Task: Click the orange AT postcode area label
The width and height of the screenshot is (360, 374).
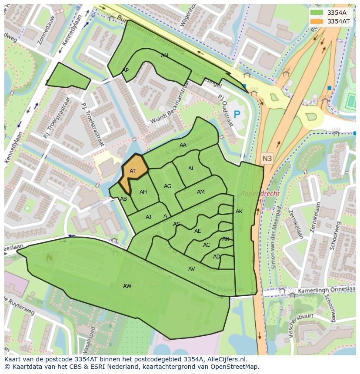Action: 133,171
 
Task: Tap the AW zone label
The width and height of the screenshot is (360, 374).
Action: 127,286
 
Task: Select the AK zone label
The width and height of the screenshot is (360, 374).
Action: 239,212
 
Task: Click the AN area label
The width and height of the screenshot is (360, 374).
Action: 164,56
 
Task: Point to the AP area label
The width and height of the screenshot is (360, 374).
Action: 125,70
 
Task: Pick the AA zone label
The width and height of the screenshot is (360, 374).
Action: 183,145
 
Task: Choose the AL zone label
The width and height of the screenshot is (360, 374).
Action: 191,169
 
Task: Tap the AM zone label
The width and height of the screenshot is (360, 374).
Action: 200,192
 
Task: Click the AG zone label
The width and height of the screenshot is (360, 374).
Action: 167,186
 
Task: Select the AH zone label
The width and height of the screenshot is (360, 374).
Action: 143,192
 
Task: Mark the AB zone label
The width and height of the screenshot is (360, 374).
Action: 123,199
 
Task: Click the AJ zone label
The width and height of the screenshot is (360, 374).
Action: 148,217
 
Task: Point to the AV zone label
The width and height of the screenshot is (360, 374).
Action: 191,269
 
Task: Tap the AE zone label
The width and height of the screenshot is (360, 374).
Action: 197,231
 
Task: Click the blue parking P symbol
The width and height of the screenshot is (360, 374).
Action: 237,115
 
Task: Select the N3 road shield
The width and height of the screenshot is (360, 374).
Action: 267,159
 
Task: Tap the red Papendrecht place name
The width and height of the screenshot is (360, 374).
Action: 260,194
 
